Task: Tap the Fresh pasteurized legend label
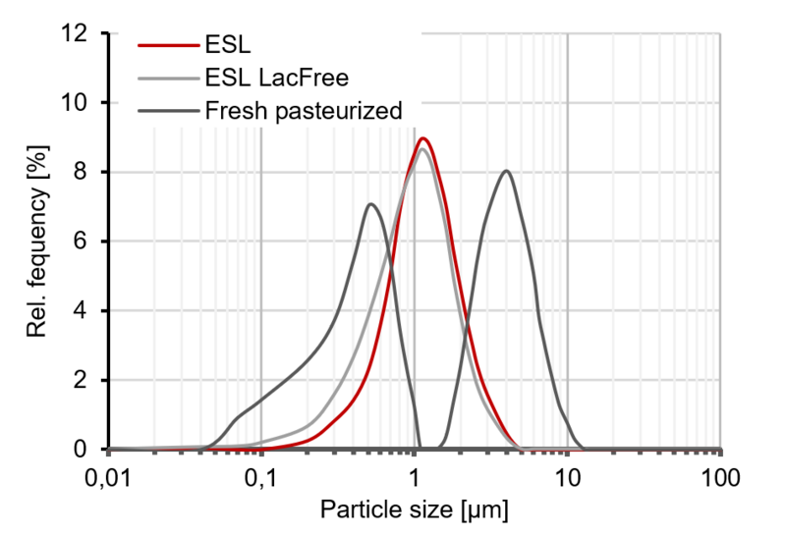305,111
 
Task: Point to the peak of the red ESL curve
423,138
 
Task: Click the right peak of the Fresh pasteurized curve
506,171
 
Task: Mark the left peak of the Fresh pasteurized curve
370,204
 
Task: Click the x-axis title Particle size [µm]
415,510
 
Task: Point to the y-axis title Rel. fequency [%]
37,241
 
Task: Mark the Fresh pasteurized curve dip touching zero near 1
421,448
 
